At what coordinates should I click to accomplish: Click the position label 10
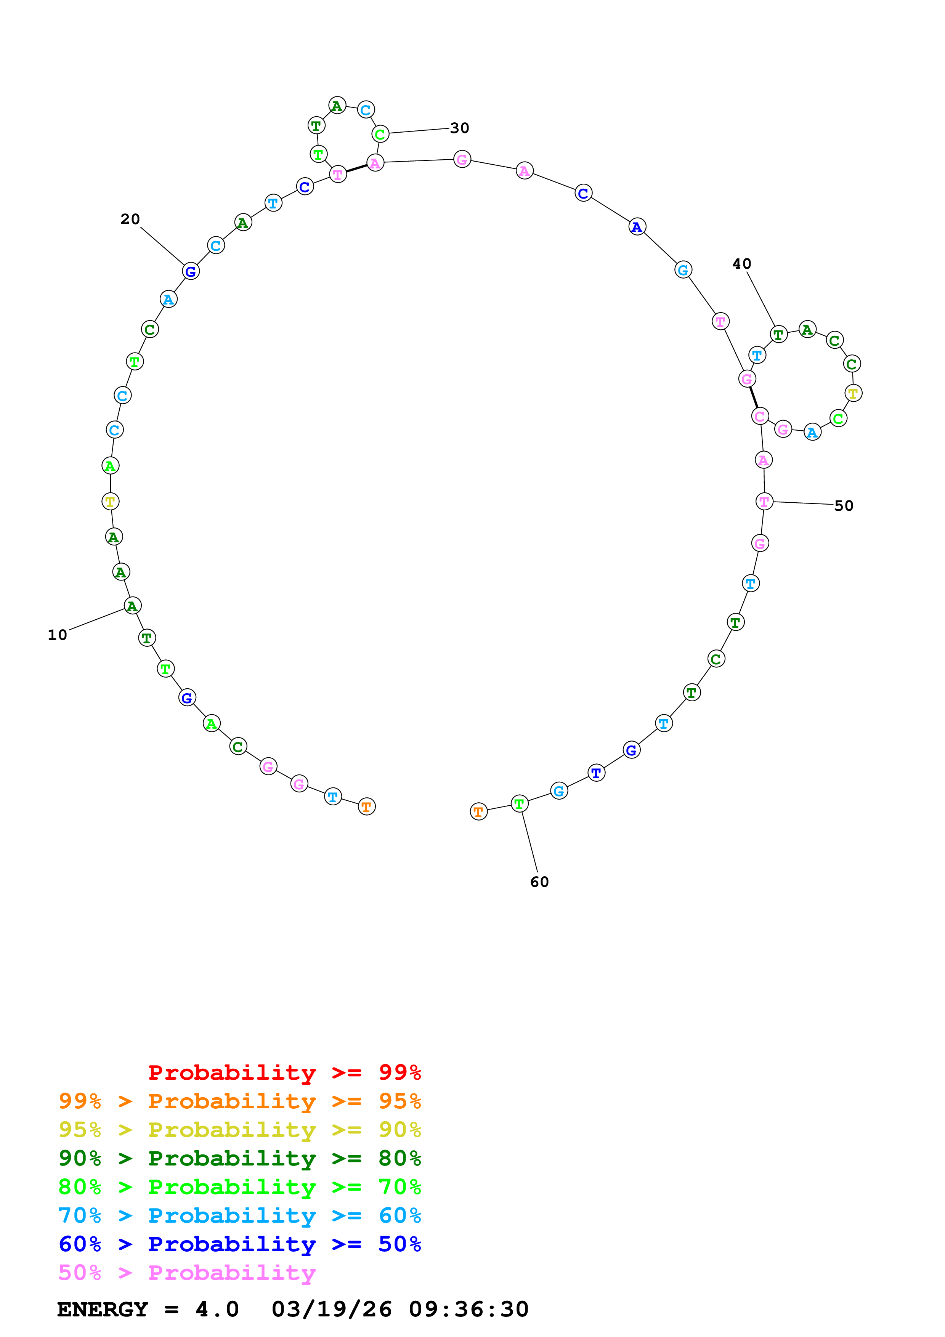[57, 635]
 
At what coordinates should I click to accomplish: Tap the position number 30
[459, 128]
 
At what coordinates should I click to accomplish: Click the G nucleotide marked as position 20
[190, 271]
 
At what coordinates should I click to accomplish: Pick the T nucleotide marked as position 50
[764, 502]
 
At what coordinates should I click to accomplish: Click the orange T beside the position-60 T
[478, 812]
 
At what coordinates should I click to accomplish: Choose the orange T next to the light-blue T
[366, 807]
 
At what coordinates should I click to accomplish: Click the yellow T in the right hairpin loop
[853, 394]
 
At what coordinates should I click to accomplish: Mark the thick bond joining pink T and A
[356, 169]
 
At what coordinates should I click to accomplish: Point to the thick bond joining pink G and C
[753, 398]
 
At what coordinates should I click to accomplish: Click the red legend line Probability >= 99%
[284, 1072]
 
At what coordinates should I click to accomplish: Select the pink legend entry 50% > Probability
[187, 1273]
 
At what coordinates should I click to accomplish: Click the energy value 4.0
[217, 1310]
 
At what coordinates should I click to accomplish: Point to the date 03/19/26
[331, 1310]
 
